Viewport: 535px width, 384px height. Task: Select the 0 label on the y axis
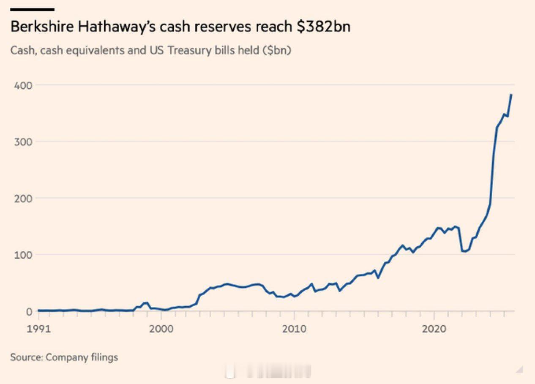coord(29,311)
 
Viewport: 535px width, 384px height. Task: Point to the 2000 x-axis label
coord(161,329)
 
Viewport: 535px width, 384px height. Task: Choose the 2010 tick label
coord(294,329)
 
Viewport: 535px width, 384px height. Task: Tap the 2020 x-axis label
coord(434,329)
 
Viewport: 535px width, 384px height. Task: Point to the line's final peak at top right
coord(511,95)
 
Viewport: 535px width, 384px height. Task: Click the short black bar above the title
coord(32,9)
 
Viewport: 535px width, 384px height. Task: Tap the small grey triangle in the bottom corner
coord(519,370)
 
